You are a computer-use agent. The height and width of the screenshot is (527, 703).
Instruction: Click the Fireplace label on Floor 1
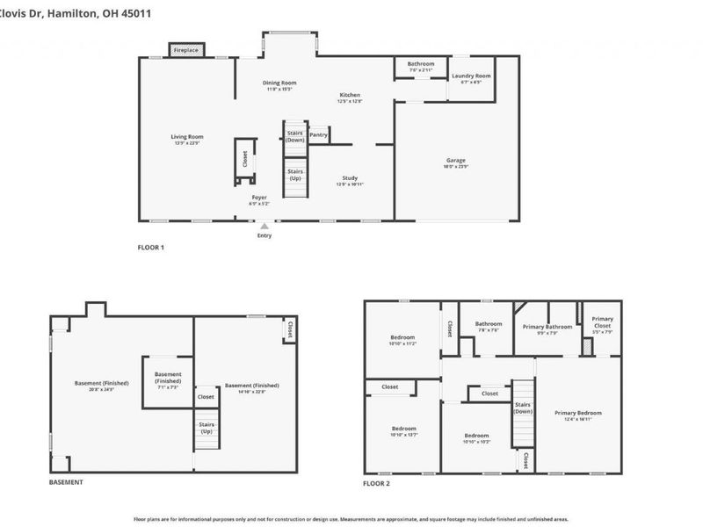[185, 51]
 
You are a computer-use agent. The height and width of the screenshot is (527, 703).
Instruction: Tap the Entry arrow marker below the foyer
[264, 227]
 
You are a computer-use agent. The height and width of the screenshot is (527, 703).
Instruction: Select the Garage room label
[455, 160]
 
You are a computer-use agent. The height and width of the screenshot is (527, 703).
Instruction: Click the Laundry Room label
[471, 76]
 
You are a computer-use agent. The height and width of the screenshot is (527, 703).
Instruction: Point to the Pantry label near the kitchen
[318, 135]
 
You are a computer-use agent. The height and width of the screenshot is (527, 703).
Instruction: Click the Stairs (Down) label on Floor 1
[295, 136]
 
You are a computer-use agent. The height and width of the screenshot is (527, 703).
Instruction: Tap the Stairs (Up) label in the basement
[207, 428]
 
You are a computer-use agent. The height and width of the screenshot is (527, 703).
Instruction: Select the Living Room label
[187, 136]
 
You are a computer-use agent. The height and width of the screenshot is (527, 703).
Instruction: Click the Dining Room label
[279, 83]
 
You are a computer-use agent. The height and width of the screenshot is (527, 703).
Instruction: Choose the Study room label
[350, 178]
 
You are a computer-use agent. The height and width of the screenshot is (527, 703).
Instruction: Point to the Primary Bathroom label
[547, 327]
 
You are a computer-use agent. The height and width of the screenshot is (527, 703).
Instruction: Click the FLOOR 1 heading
[150, 248]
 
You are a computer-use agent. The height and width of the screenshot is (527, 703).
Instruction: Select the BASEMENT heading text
[66, 482]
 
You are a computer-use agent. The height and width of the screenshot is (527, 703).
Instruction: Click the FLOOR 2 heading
[376, 482]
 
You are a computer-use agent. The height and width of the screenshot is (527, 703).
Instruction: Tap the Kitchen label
[350, 95]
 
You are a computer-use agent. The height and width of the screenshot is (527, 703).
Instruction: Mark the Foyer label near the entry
[259, 198]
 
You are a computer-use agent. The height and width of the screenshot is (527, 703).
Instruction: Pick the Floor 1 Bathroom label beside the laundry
[420, 63]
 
